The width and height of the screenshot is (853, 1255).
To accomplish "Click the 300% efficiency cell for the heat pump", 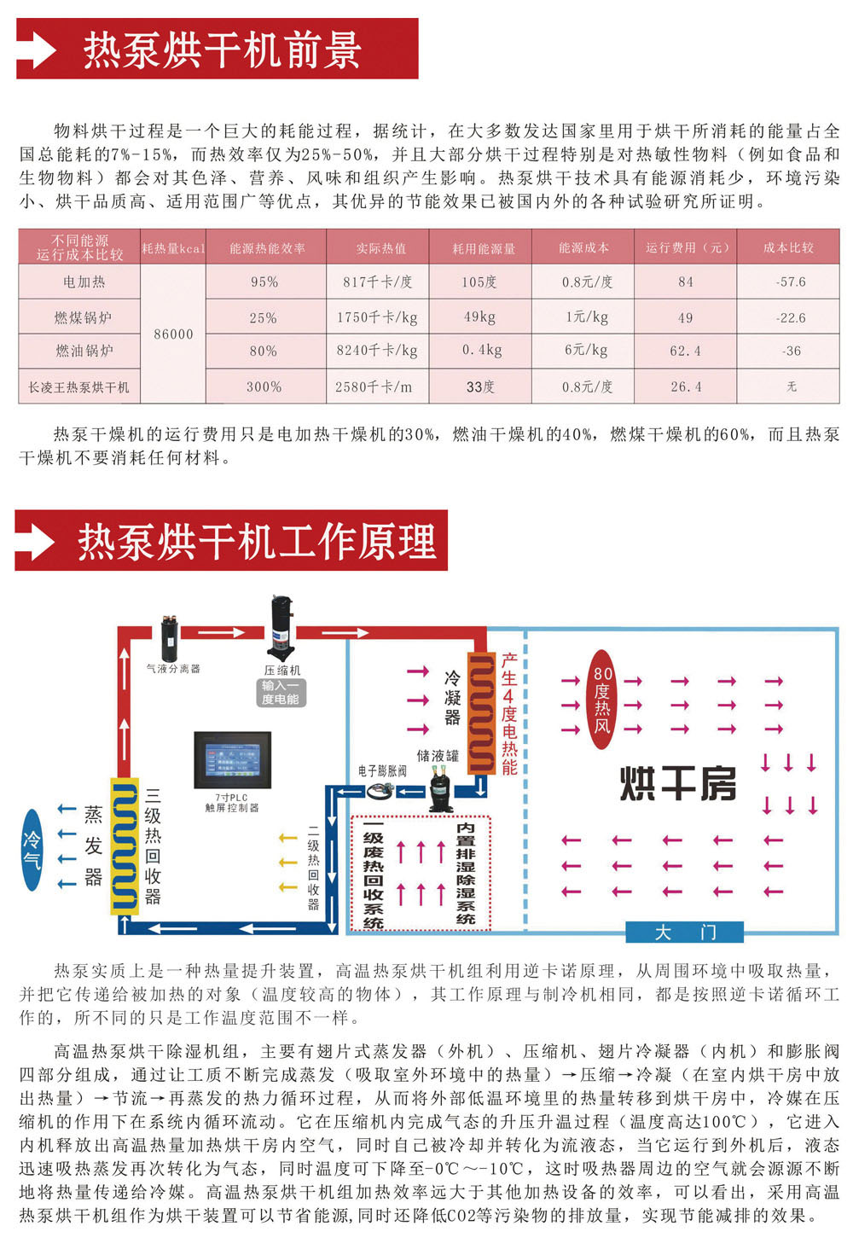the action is (x=264, y=386).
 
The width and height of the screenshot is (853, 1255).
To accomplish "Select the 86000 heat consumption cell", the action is (x=174, y=334).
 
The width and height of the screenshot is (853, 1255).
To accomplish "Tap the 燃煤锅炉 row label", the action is (x=83, y=317).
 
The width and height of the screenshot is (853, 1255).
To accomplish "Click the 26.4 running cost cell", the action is (x=686, y=386).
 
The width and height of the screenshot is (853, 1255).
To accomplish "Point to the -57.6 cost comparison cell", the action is (x=790, y=282).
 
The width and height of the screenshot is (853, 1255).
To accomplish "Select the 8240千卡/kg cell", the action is (x=377, y=351).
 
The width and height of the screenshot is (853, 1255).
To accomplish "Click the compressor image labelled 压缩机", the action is (x=281, y=628).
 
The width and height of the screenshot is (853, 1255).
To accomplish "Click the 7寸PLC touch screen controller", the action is (x=232, y=759).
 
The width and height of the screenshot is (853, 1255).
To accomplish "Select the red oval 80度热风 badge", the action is (x=602, y=700).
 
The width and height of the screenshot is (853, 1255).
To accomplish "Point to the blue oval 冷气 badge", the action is (x=32, y=850).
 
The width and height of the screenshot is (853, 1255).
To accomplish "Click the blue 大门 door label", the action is (x=684, y=933).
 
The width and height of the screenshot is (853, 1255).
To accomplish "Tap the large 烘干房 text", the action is (x=677, y=784).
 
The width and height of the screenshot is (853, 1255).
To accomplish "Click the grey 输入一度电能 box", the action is (x=281, y=693).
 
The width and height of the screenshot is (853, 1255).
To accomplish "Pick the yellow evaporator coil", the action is (x=125, y=845).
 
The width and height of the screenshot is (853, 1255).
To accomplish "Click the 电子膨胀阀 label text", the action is (x=382, y=771).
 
